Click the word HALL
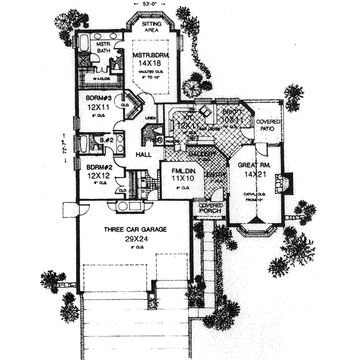click(x=143, y=155)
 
